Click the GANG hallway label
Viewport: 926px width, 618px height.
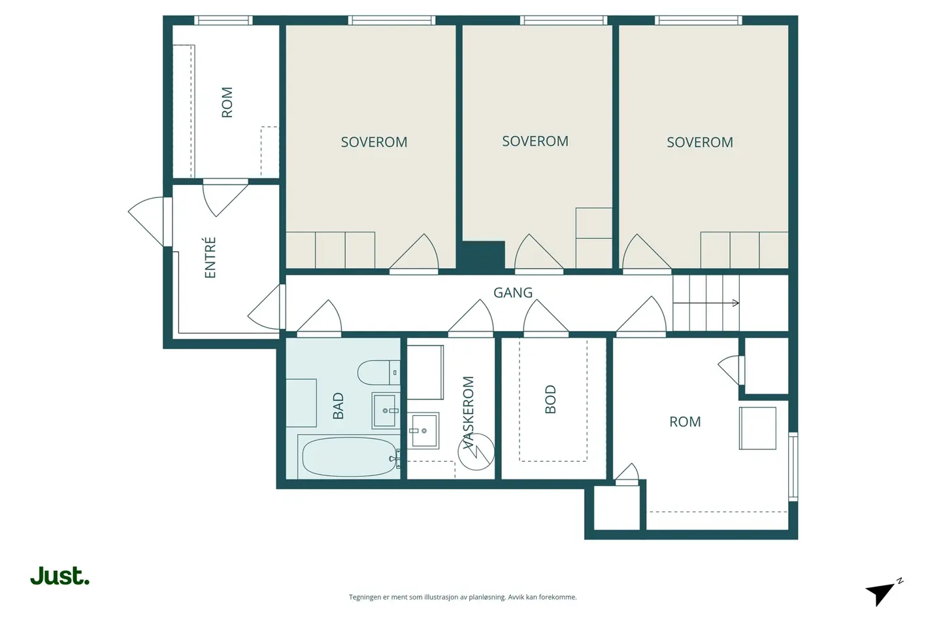click(x=512, y=293)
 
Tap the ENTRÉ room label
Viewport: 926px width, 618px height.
click(x=210, y=257)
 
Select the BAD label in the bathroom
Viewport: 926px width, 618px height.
click(x=338, y=406)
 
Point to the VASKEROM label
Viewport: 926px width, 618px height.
click(x=469, y=413)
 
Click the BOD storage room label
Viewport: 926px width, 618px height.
click(x=551, y=399)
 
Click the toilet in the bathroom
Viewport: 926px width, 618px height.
click(x=378, y=373)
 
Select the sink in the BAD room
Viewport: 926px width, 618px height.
click(x=386, y=410)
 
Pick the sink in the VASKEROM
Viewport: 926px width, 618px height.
click(x=423, y=430)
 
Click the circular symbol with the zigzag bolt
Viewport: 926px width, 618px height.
click(x=476, y=452)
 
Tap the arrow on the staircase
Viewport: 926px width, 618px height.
click(x=706, y=303)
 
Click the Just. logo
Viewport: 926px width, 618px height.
click(x=59, y=575)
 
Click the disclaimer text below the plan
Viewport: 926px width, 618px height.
click(x=463, y=597)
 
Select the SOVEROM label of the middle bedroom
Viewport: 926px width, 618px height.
click(x=535, y=141)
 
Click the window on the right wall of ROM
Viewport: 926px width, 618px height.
click(x=793, y=466)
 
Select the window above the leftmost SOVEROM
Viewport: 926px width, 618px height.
click(x=391, y=20)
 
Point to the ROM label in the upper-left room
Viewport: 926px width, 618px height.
click(x=227, y=102)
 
